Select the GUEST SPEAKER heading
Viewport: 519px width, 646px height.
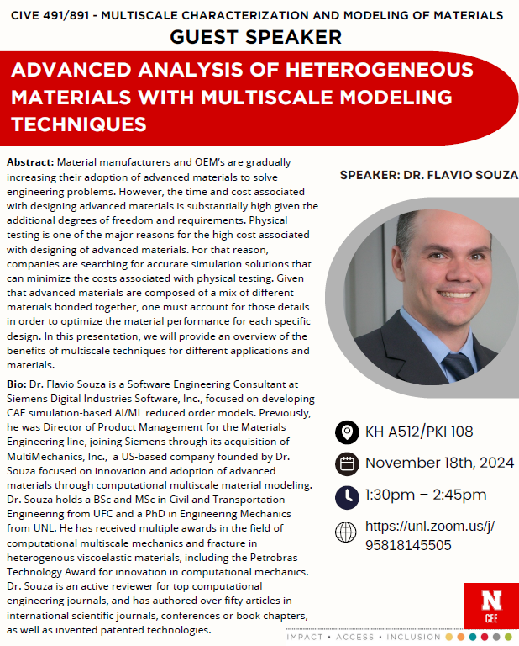[x=255, y=36]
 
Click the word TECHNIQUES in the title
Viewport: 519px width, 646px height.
[x=79, y=124]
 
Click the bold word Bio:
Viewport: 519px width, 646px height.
[x=21, y=383]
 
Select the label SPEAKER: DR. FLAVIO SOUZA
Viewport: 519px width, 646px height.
[x=428, y=176]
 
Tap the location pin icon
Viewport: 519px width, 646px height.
[x=345, y=432]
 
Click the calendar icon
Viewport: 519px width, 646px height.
[x=345, y=463]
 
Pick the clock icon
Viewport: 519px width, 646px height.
[x=345, y=495]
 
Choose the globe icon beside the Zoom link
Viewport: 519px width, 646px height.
[x=345, y=532]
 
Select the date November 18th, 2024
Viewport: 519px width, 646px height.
[x=439, y=463]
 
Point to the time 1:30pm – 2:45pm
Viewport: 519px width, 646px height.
[x=425, y=494]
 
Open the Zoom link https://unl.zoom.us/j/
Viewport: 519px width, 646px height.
[x=429, y=527]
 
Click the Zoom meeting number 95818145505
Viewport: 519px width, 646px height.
[x=408, y=545]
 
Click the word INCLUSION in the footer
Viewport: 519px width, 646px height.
[x=412, y=638]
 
